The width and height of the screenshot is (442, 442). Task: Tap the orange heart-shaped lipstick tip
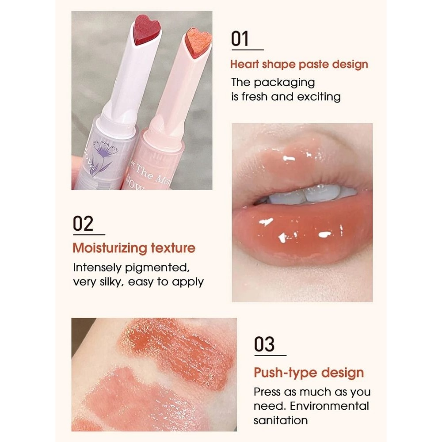coord(198,42)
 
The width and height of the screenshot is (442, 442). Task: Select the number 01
coord(240,39)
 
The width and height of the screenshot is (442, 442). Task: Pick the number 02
coord(83,224)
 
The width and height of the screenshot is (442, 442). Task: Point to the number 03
coord(264,344)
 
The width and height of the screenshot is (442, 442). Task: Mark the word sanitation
coord(280,420)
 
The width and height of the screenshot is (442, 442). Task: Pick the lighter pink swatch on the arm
coord(133,398)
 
